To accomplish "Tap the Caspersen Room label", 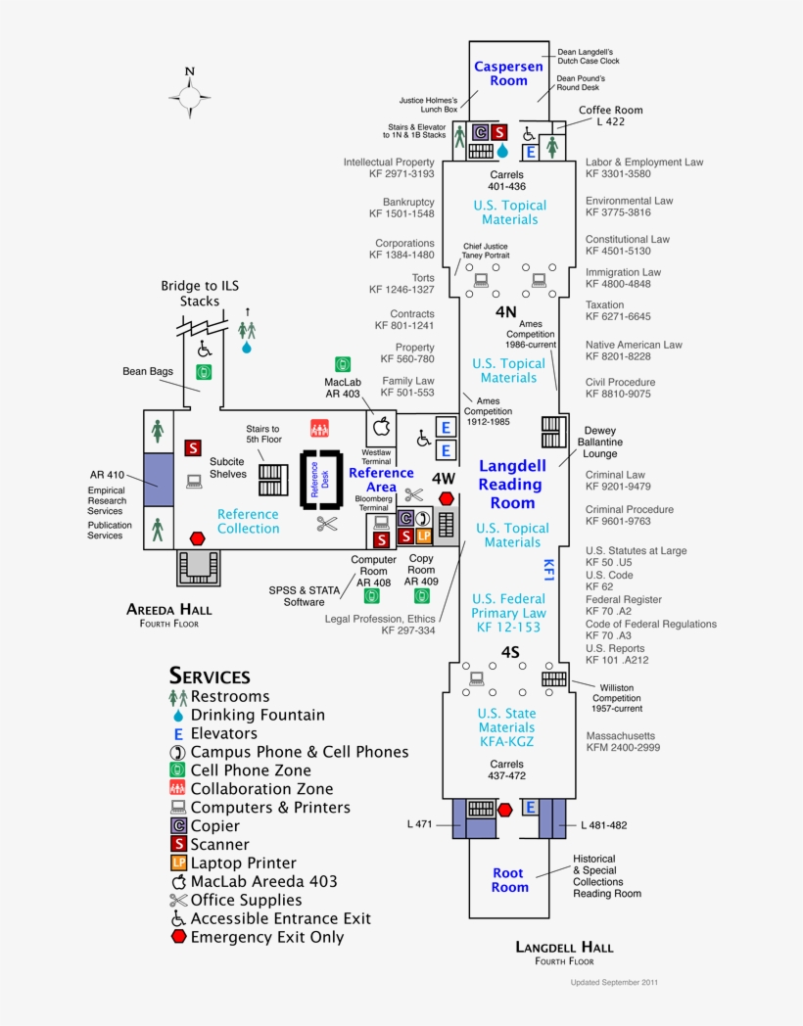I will (508, 73).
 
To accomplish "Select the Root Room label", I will (509, 880).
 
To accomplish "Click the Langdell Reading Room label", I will (512, 485).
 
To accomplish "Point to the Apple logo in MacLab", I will (382, 427).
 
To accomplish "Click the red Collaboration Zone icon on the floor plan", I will (319, 428).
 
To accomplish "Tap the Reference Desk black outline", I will (321, 481).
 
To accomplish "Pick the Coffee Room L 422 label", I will (611, 117).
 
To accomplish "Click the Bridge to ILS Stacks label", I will (200, 293).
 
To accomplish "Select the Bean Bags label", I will (147, 371).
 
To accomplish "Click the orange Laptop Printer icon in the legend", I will (178, 863).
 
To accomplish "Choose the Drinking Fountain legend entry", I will (257, 715).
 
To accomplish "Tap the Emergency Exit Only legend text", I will (266, 937).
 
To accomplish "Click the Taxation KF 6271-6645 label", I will (618, 310).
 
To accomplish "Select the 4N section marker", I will (505, 312).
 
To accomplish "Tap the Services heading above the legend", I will (210, 676).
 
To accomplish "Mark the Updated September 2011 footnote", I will (615, 981).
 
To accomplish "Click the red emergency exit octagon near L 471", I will (505, 810).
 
